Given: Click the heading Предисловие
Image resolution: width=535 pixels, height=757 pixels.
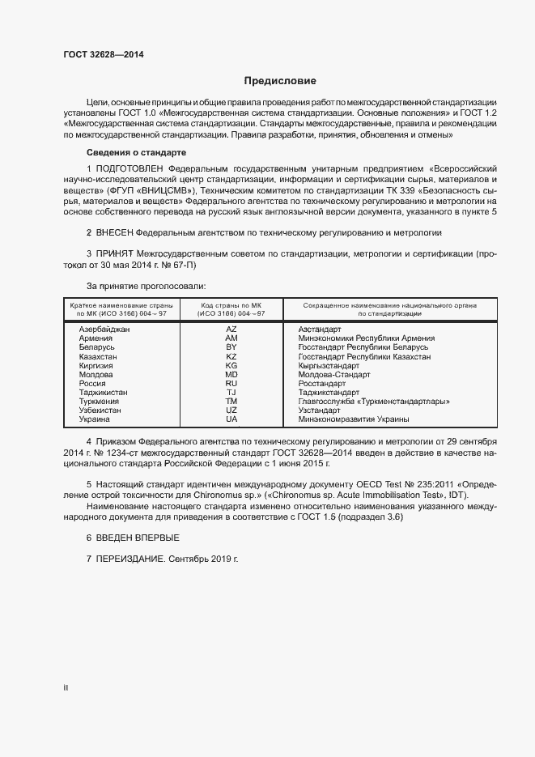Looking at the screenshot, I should point(281,81).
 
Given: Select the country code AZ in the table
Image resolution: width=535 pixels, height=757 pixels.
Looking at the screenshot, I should point(231,330).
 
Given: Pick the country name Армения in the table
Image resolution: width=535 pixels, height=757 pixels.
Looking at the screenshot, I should point(96,338).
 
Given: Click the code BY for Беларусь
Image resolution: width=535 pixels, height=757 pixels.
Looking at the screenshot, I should point(231,347).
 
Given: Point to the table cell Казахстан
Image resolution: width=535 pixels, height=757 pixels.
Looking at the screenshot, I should point(98,356).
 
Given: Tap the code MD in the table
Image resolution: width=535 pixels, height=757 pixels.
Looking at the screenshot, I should point(231,374).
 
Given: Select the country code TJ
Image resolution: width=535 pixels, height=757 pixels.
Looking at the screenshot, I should point(231,392).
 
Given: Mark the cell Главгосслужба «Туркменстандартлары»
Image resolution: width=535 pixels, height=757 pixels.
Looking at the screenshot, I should point(373,401).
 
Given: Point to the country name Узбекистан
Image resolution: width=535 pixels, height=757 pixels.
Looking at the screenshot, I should point(100,410).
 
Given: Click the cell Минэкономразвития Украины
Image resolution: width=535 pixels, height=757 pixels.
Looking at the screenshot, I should point(353,419).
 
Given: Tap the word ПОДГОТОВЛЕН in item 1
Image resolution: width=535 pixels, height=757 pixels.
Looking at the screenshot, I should point(126,169).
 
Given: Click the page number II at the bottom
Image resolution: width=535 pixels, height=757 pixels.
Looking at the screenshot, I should point(66,687).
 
